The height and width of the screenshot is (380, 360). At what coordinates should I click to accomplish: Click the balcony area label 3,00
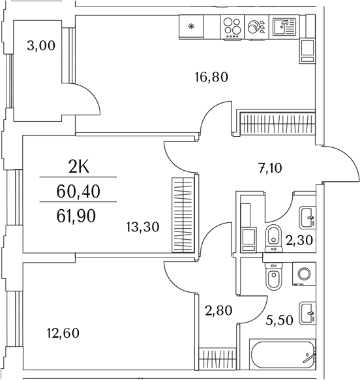[x=40, y=46]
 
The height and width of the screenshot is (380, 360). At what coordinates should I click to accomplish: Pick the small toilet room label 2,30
[x=300, y=239]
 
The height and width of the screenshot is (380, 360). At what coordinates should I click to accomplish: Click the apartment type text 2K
[x=78, y=167]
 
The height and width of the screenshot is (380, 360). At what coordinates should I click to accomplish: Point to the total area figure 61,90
[x=76, y=214]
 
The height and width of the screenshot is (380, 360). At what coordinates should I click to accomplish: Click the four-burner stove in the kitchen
[x=232, y=27]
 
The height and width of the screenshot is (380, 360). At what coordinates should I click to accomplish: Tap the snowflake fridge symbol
[x=191, y=27]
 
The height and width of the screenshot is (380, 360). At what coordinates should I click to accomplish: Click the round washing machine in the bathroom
[x=303, y=275]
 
